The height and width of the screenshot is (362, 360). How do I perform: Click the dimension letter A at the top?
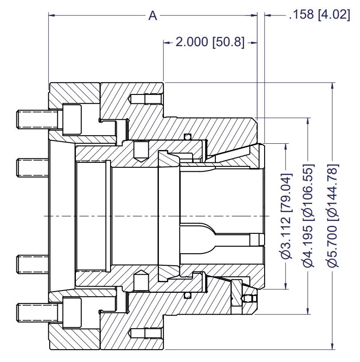tap(153, 16)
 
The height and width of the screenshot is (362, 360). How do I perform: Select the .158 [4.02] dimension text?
tap(320, 14)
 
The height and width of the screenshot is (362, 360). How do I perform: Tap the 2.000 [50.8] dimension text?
tap(210, 42)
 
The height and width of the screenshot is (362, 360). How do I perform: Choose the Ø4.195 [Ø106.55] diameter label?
tap(308, 216)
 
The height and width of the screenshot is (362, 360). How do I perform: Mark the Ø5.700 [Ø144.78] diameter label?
tap(332, 216)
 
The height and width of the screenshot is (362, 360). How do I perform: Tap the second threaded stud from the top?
tap(32, 168)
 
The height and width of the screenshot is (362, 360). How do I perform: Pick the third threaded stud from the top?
tap(32, 264)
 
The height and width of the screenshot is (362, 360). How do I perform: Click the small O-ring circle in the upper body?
tap(188, 137)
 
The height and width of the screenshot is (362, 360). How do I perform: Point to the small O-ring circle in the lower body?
tap(188, 295)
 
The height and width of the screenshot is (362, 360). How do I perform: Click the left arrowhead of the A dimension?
tap(51, 16)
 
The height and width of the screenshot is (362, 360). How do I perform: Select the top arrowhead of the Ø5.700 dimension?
tap(332, 86)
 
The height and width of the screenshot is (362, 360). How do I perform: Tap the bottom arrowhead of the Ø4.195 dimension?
tap(308, 311)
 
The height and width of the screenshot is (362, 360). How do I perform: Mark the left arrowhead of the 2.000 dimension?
tap(166, 43)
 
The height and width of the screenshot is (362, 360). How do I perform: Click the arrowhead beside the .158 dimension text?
tap(268, 16)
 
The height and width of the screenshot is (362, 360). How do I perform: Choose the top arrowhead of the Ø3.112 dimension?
tap(286, 146)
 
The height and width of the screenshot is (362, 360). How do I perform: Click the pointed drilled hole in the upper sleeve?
tap(141, 152)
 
